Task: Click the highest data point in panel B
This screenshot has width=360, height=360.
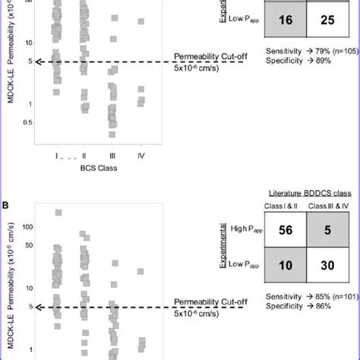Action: pos(58,213)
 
